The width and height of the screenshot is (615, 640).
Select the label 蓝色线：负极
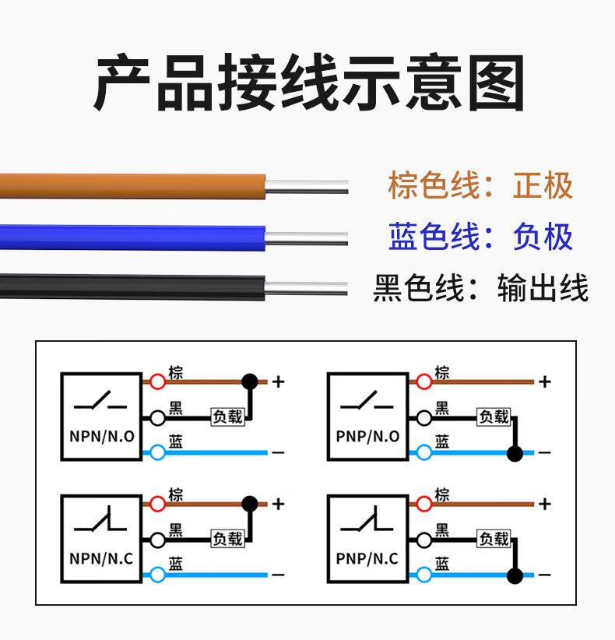(480, 237)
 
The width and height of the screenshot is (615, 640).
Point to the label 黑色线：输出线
(480, 288)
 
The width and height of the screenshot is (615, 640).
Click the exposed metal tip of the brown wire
(306, 187)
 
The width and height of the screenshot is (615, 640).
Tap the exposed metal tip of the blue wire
(306, 237)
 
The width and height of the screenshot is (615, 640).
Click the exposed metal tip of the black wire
(306, 289)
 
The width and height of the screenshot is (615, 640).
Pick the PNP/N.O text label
(367, 437)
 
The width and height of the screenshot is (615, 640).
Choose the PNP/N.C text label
(367, 558)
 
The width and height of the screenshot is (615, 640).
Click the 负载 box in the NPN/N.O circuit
(228, 417)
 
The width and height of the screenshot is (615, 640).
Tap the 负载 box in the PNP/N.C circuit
(494, 539)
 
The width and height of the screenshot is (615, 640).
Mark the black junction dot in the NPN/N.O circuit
(249, 382)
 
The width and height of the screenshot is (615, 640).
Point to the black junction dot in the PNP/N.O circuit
(514, 452)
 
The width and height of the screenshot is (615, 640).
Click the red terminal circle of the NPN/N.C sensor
(157, 504)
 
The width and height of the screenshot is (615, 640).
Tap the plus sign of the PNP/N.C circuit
(545, 504)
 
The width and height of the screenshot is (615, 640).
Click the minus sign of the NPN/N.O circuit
(278, 452)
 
